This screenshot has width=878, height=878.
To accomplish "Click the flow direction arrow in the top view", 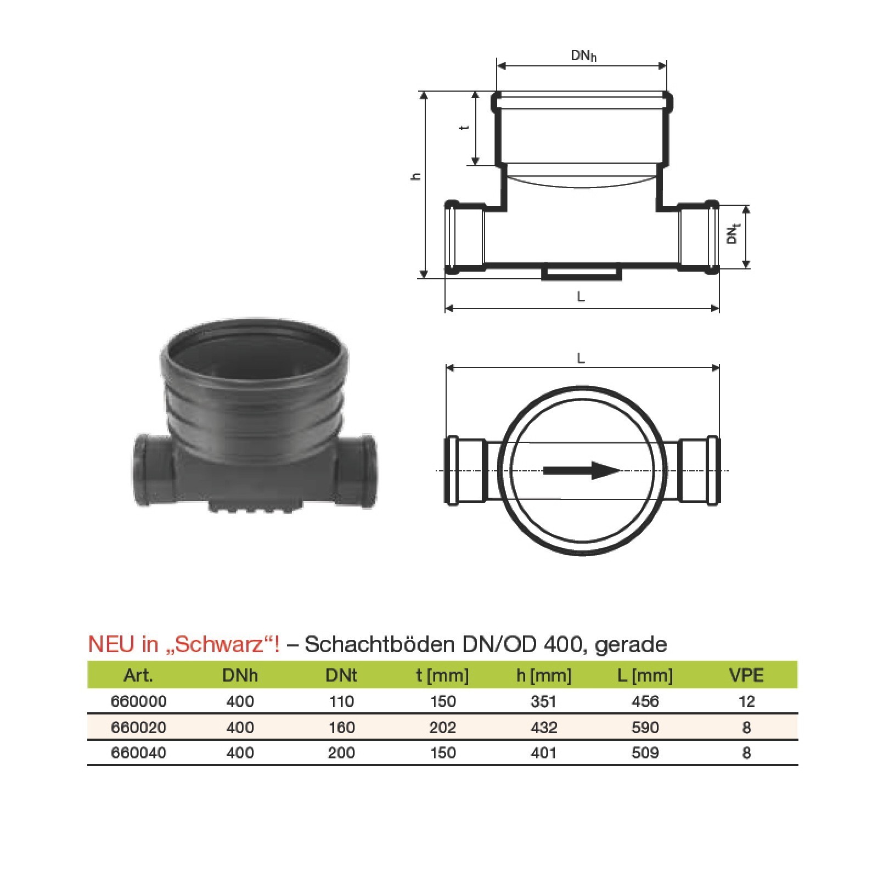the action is click(x=582, y=470).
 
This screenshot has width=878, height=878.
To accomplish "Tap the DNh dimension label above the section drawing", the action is click(x=583, y=55).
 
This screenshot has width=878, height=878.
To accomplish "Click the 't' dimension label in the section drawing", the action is click(x=465, y=128).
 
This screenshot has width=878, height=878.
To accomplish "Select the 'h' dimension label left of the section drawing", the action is click(x=417, y=176).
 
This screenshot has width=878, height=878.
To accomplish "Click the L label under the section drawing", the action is click(x=581, y=297).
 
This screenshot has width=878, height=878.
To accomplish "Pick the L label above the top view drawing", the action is click(x=581, y=359).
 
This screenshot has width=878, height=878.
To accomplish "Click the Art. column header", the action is click(x=138, y=675).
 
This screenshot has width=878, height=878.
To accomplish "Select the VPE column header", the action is click(x=747, y=675).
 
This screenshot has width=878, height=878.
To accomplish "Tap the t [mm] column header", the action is click(x=442, y=676).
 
